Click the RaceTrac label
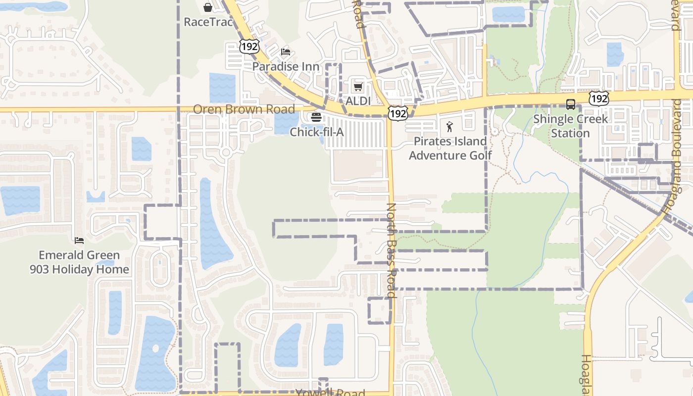[x=208, y=22]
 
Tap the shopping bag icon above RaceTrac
[x=208, y=7]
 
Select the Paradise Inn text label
[x=286, y=66]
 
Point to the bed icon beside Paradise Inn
[x=286, y=52]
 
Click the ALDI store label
[x=358, y=101]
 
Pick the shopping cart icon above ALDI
[x=358, y=87]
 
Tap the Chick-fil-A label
[x=316, y=132]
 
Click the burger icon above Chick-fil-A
[x=316, y=118]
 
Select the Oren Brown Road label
[x=244, y=109]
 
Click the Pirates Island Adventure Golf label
[x=450, y=148]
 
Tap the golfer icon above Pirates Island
[x=449, y=127]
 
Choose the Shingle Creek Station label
[x=570, y=126]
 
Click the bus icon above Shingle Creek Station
[x=571, y=104]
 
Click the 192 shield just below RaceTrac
[x=248, y=46]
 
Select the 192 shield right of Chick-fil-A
[x=397, y=114]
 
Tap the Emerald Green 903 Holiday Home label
[x=79, y=262]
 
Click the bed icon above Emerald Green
[x=79, y=241]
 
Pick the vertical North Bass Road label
[x=391, y=250]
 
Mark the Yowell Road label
[x=330, y=393]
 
